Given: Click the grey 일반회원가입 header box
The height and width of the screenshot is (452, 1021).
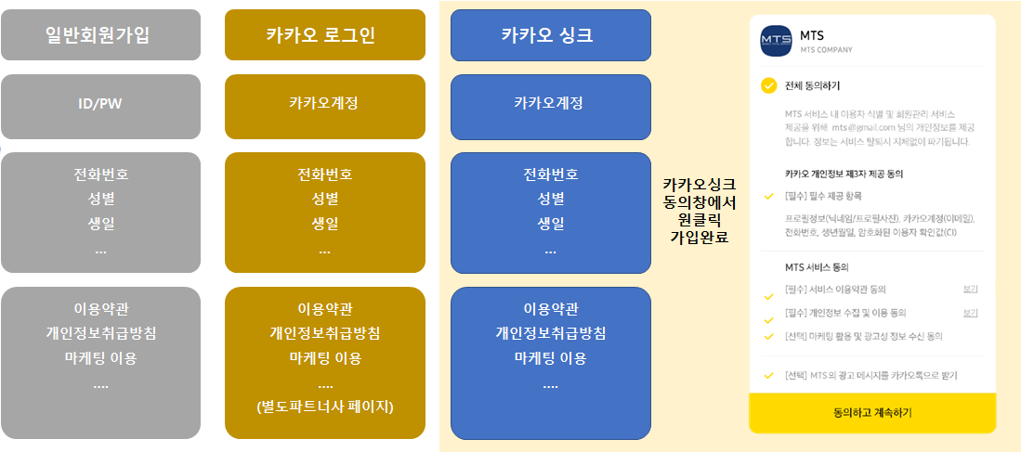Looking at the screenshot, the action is [x=100, y=34].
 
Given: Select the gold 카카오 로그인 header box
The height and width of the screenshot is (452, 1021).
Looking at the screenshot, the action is [x=325, y=34].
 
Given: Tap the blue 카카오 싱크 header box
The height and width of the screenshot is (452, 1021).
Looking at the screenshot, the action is [x=551, y=35].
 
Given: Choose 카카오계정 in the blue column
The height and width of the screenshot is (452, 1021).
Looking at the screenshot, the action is [x=550, y=103].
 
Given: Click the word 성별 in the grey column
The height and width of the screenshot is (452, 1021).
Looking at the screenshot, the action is [x=100, y=199].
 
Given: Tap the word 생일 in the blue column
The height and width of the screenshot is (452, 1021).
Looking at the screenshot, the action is [x=551, y=224].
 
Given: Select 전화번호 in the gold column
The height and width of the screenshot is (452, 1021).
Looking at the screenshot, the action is [x=325, y=174].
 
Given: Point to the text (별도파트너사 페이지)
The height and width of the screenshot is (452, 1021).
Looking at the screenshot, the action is [x=325, y=407].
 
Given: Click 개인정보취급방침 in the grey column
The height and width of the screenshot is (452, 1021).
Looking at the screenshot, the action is [x=101, y=333].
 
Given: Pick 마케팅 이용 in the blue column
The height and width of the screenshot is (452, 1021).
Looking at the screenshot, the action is [x=551, y=357].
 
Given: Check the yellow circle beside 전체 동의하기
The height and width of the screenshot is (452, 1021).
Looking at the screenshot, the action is [x=769, y=85].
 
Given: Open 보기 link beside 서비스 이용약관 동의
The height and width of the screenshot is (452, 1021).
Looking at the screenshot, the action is [x=970, y=290].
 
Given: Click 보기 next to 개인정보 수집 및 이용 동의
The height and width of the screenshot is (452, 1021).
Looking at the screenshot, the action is [x=970, y=313].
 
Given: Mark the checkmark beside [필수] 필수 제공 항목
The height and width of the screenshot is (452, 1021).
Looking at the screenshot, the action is [x=769, y=196].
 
